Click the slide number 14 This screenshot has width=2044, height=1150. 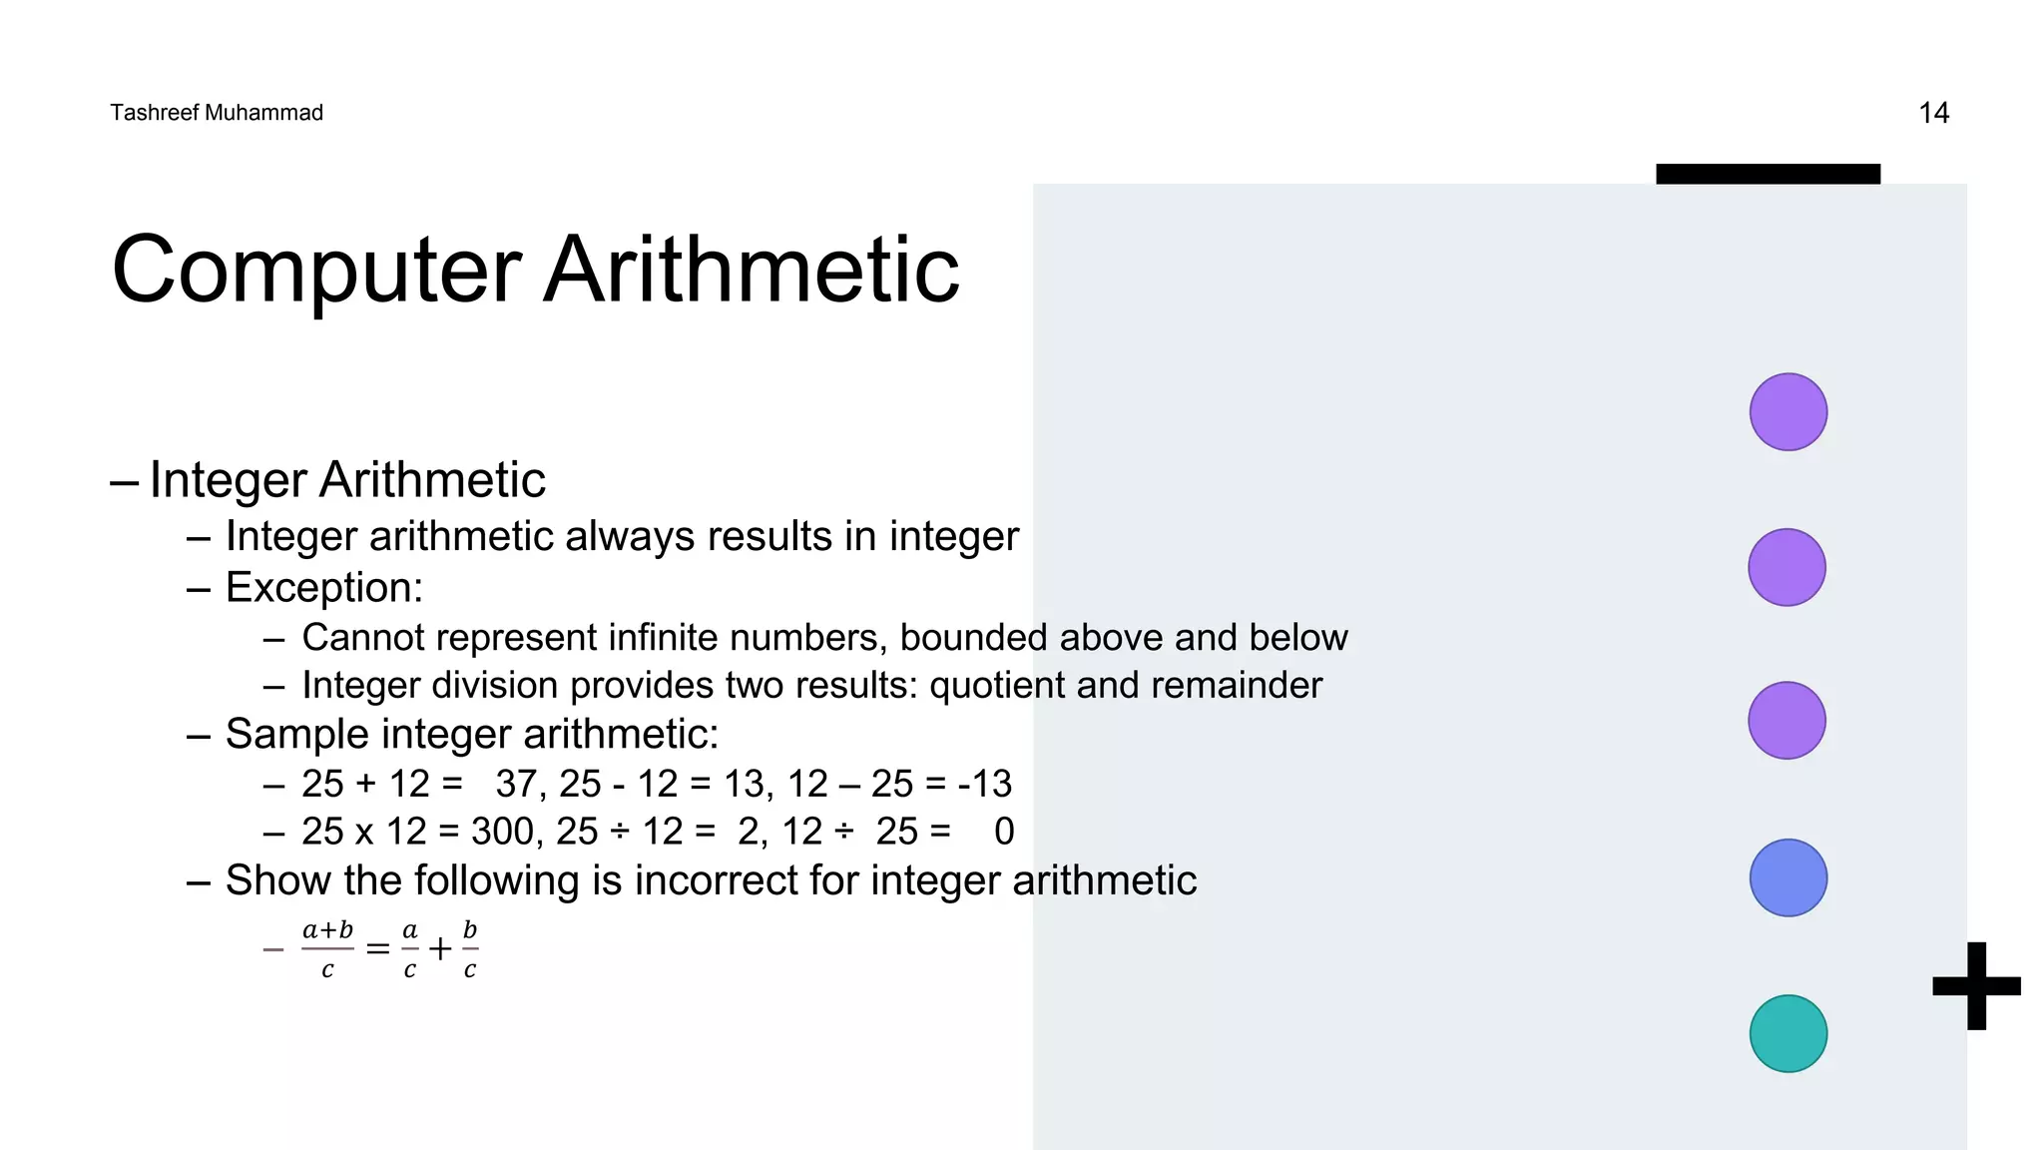(x=1933, y=113)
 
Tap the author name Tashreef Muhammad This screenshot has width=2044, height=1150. (x=217, y=113)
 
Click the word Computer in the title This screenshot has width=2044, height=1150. (x=316, y=270)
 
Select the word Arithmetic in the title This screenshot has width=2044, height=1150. (x=752, y=270)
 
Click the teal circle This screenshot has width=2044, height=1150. (x=1788, y=1033)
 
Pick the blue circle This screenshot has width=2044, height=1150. (x=1788, y=877)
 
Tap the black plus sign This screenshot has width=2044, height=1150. (x=1976, y=985)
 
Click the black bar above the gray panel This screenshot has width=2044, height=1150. (x=1768, y=174)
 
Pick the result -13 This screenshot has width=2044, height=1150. (x=984, y=785)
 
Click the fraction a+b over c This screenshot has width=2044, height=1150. (x=327, y=949)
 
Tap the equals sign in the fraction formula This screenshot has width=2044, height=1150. (x=377, y=948)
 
